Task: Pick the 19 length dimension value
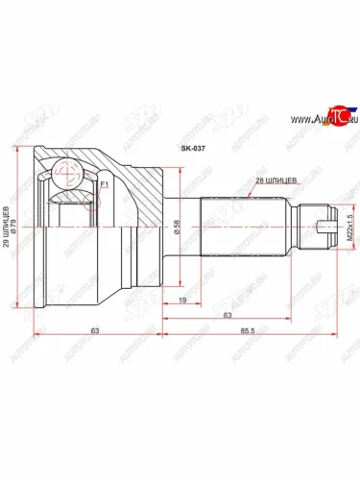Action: click(x=181, y=300)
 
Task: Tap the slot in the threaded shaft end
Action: click(x=322, y=228)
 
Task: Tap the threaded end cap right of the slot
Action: click(x=333, y=228)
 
